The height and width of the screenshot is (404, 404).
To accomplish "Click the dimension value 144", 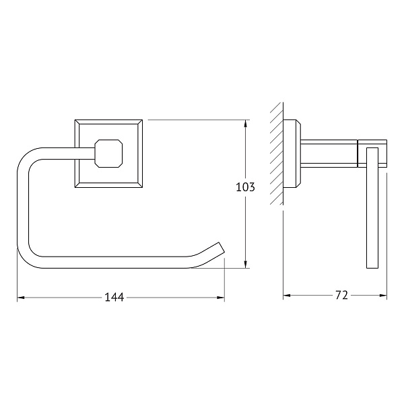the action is (114, 298).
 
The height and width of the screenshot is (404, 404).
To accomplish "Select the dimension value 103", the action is (245, 187).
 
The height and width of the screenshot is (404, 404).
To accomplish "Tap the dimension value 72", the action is (341, 296).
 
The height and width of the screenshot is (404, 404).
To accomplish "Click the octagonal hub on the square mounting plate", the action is (108, 154).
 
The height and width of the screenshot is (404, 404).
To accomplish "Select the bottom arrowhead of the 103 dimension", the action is (246, 264).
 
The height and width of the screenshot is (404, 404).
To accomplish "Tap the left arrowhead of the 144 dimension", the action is (21, 298).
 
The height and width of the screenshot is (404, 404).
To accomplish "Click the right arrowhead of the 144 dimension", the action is (221, 298).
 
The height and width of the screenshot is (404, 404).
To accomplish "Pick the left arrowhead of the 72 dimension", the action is (287, 296).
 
